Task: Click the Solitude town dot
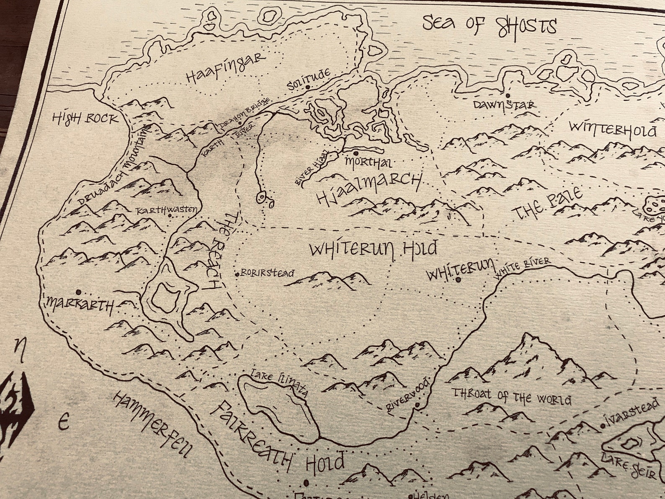click(x=308, y=87)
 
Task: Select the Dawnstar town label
click(x=504, y=104)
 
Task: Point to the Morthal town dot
click(x=356, y=153)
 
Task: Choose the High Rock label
click(x=85, y=119)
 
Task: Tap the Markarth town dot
click(x=78, y=292)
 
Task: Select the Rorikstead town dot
click(x=237, y=274)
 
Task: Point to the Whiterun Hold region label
click(x=373, y=249)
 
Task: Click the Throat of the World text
click(x=512, y=397)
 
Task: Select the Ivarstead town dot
click(x=603, y=426)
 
